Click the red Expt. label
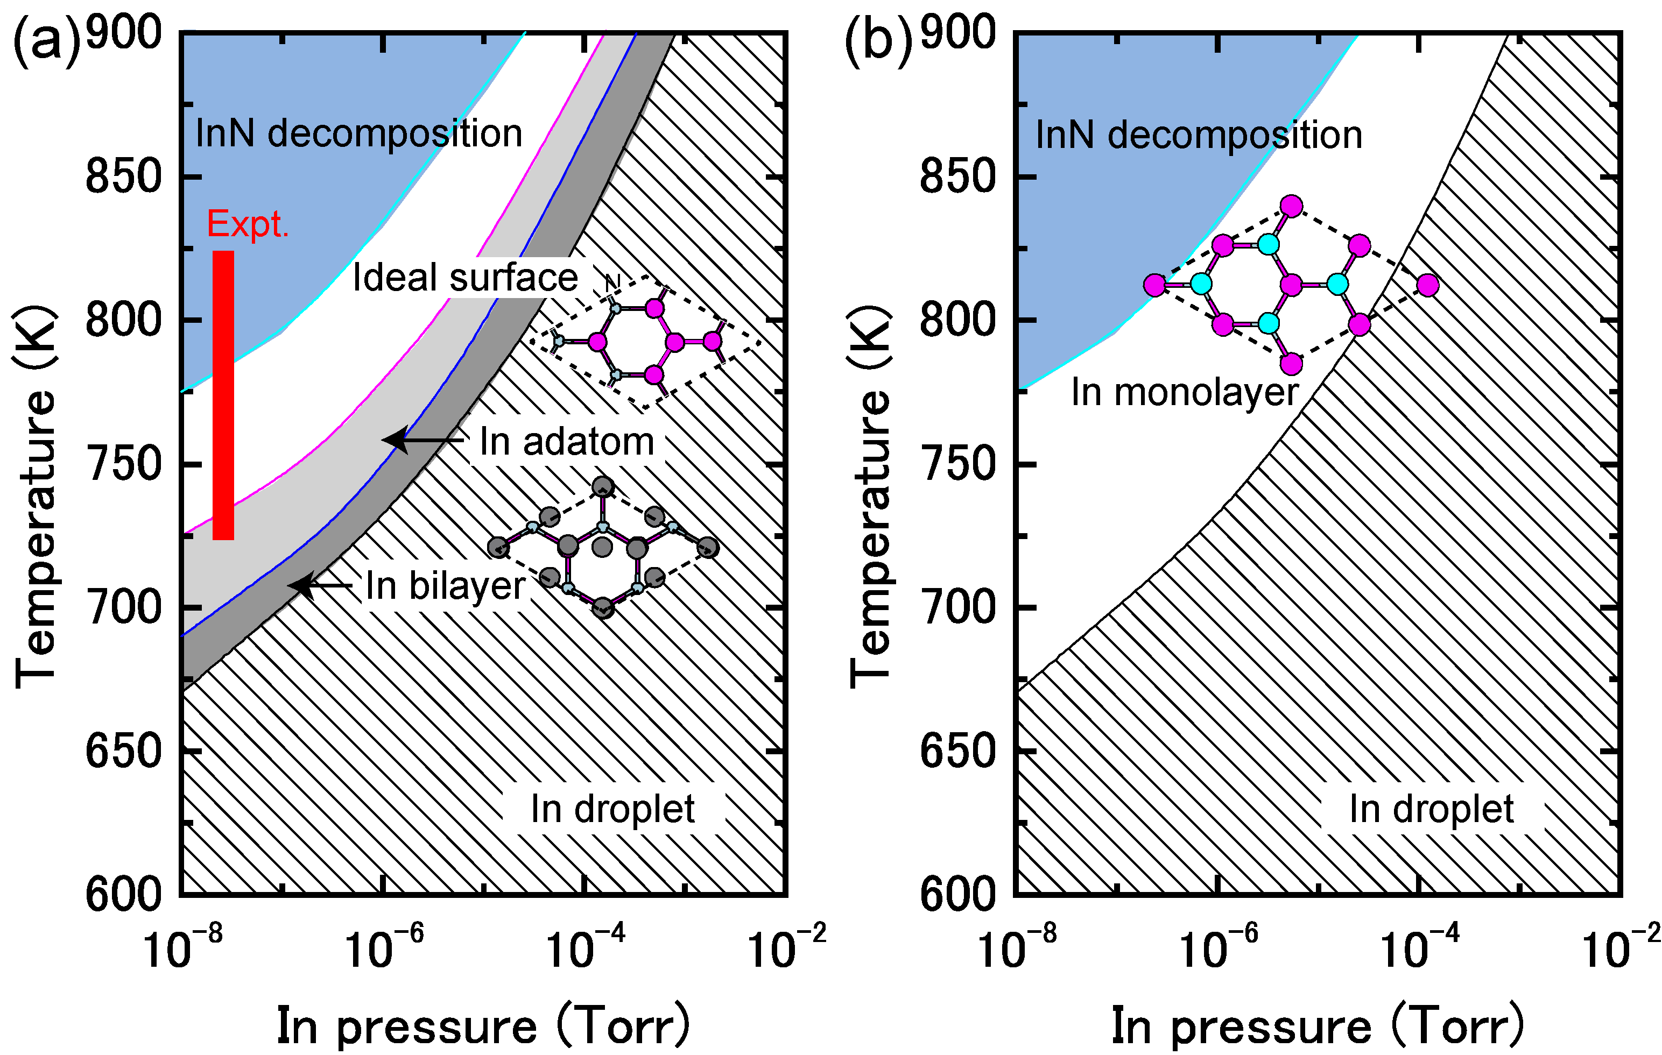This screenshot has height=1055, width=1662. click(247, 224)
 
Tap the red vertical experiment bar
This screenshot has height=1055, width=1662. click(223, 395)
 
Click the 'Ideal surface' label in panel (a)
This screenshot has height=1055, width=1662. click(464, 278)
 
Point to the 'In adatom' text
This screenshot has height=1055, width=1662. click(566, 442)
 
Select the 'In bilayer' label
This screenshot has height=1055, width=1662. click(445, 586)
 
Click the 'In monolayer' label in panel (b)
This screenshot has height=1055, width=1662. click(1185, 393)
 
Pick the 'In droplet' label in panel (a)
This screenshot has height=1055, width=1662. click(612, 809)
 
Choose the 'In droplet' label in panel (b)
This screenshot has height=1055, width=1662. click(1431, 809)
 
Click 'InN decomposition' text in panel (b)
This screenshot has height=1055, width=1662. click(1199, 134)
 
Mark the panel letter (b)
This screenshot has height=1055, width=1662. click(878, 43)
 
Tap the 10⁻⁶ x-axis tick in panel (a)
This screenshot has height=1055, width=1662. click(384, 947)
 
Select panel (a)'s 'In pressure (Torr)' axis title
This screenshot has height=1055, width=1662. click(483, 1026)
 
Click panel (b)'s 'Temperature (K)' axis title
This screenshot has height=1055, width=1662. click(869, 497)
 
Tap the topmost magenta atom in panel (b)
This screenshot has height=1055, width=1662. click(1291, 206)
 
